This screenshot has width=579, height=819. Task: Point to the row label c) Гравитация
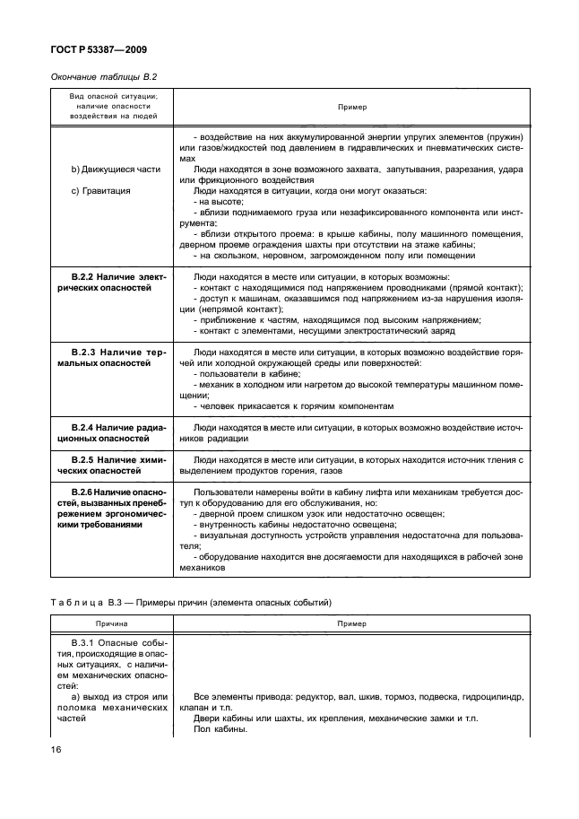coord(99,190)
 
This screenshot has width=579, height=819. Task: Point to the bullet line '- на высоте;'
coord(212,202)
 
